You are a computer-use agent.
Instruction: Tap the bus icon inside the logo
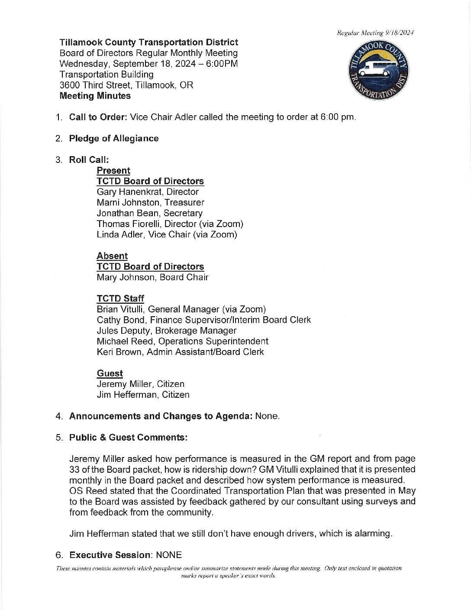(x=377, y=69)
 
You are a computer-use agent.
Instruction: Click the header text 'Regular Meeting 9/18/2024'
(x=376, y=33)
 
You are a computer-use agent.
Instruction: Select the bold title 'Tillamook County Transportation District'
(x=148, y=42)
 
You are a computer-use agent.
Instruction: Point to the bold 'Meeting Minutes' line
(x=95, y=96)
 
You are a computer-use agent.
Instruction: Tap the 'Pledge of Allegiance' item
(x=114, y=139)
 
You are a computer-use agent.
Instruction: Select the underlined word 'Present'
(x=113, y=171)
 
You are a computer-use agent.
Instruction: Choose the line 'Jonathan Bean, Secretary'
(x=149, y=213)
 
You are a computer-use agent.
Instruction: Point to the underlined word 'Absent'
(x=112, y=256)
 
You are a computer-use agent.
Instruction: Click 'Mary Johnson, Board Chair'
(x=152, y=277)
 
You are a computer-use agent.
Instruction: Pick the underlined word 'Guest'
(x=110, y=373)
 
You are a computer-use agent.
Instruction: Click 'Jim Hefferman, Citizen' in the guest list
(x=143, y=395)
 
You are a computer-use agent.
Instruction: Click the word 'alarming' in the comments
(x=373, y=534)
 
